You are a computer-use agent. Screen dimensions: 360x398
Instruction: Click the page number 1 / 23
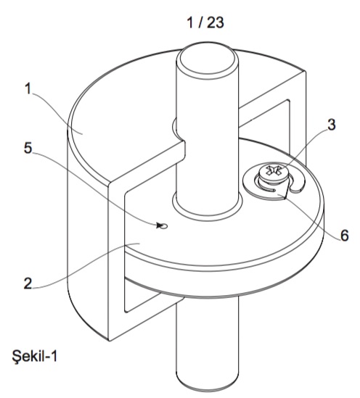(205, 22)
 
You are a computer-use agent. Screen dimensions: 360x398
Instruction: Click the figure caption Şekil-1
(35, 355)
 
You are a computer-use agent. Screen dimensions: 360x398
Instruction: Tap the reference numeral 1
(28, 89)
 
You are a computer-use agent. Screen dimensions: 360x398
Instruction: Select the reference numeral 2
(28, 283)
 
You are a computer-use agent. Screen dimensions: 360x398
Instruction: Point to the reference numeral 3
(331, 125)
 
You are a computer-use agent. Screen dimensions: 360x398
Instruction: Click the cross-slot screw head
(272, 171)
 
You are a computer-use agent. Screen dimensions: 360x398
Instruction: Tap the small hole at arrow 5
(164, 225)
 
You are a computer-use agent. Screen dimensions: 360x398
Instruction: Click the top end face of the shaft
(208, 60)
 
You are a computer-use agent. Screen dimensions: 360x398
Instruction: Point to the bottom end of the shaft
(208, 384)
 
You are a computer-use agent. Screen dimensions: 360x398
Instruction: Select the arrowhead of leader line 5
(159, 225)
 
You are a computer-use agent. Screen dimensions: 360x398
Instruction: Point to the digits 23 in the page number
(216, 22)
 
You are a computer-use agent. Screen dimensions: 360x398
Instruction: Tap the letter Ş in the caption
(16, 356)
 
